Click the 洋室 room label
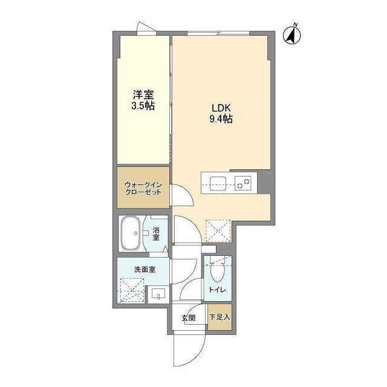pyautogui.click(x=143, y=95)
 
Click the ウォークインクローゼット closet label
pyautogui.click(x=143, y=187)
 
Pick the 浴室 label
pyautogui.click(x=156, y=233)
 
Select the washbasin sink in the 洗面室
pyautogui.click(x=158, y=294)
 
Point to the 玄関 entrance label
pyautogui.click(x=188, y=318)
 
